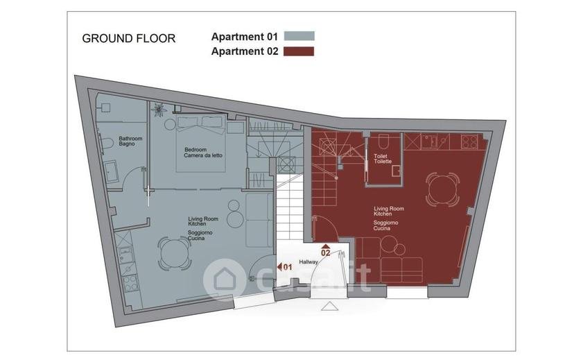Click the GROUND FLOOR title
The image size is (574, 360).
[128, 38]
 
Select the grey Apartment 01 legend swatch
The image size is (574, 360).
[299, 36]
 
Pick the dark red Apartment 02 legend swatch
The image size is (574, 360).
[299, 51]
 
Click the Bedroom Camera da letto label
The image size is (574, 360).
[203, 153]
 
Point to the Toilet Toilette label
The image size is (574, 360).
[383, 159]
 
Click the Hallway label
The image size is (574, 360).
[308, 262]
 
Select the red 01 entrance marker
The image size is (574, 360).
[284, 267]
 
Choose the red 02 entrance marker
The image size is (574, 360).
[325, 250]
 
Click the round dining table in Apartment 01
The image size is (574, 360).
[175, 253]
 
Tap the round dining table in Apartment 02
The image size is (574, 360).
[442, 189]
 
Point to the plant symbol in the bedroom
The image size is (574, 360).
[159, 110]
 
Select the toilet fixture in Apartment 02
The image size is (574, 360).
[383, 141]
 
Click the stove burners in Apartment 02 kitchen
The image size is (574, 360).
[469, 142]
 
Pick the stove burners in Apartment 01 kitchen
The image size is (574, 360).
[130, 282]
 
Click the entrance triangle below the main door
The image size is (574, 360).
[329, 306]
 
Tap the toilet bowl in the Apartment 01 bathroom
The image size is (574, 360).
[107, 142]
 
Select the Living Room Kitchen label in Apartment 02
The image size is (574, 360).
[389, 211]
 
